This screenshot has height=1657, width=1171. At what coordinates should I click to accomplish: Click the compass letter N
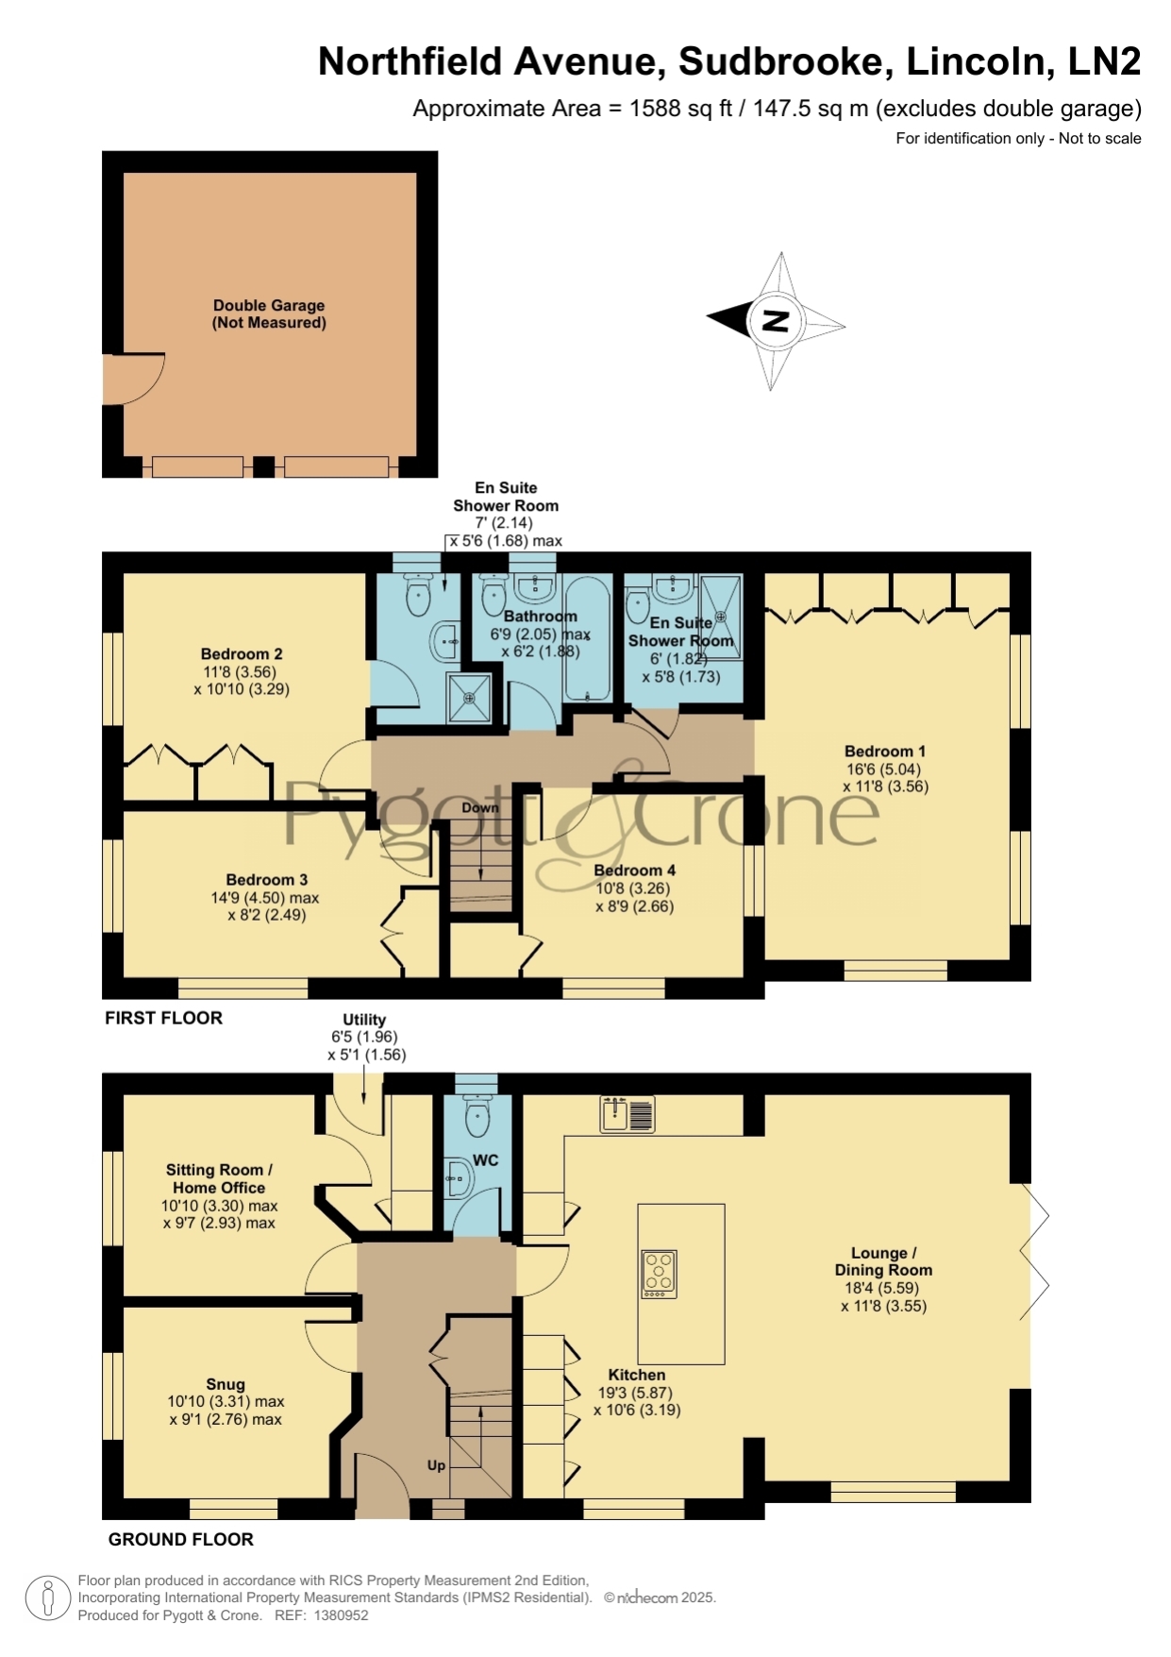point(775,321)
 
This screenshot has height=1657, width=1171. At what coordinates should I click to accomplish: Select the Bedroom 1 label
point(885,752)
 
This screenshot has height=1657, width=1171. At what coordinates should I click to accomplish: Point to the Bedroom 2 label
point(242,653)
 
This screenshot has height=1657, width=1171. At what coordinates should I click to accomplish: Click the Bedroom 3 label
point(267,879)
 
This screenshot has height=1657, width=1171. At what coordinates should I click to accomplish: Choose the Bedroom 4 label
point(634,870)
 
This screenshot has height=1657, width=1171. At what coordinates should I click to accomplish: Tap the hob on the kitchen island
point(659,1274)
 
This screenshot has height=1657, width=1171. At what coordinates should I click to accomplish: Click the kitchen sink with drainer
point(627,1114)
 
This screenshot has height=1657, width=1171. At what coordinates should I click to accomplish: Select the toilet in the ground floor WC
point(477,1116)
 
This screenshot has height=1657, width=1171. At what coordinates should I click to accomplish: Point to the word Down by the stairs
point(480,807)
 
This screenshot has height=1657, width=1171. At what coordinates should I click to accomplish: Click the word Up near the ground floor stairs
point(436,1465)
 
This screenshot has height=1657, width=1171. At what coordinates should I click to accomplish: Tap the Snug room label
point(226,1384)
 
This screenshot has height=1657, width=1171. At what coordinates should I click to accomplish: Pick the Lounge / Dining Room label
point(883,1261)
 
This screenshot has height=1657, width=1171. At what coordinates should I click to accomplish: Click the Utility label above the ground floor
point(364,1019)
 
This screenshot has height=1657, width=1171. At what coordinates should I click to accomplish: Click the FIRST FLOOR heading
point(163,1018)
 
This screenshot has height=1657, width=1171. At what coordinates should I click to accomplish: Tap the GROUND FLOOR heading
point(181,1539)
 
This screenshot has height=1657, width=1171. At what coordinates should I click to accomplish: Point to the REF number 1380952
point(341,1615)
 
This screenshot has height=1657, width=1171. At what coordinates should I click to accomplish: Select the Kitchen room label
point(637,1375)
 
